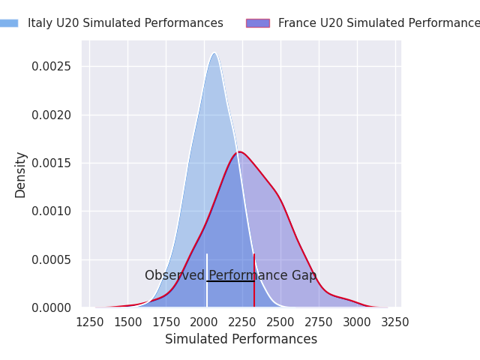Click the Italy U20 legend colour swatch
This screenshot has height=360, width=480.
8,23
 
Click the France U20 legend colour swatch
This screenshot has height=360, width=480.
257,23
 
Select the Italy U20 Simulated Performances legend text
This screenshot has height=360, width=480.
125,23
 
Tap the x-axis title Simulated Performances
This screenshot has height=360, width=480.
241,339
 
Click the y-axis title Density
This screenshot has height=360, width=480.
20,174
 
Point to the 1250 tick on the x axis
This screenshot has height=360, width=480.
89,322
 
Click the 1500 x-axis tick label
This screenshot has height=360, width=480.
127,322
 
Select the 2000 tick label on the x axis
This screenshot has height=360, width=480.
204,322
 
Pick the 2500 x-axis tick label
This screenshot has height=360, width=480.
280,322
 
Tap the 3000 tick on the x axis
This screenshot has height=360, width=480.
357,322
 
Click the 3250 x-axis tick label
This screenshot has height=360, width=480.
395,322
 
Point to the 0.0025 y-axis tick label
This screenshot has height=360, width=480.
51,67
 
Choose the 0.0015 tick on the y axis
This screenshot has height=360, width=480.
51,163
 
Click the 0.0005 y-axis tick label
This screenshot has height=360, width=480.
51,259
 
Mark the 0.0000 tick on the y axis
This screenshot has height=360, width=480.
51,307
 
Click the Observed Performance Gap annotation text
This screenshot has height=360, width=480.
230,275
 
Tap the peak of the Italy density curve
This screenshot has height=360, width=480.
214,53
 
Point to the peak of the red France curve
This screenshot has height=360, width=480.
238,152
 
